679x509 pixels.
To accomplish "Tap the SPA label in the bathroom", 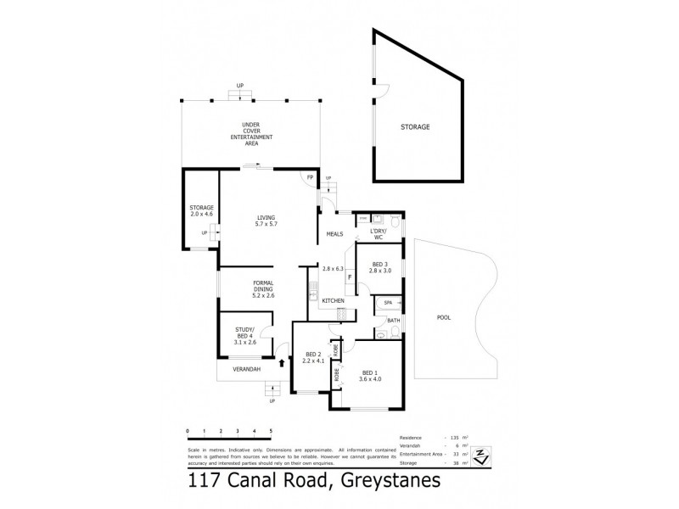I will click(387, 303).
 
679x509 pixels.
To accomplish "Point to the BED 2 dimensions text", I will click(314, 361).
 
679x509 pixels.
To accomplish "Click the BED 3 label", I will click(379, 268).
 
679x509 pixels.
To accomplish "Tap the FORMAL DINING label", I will click(264, 288).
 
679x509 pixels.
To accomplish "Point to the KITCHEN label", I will click(332, 301).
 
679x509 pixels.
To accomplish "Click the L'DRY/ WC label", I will click(378, 234).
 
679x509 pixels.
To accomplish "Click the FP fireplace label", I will click(310, 177).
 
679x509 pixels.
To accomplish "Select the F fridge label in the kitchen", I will click(350, 277).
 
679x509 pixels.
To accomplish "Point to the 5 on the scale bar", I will click(271, 432).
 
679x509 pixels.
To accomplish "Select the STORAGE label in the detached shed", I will click(416, 127).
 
